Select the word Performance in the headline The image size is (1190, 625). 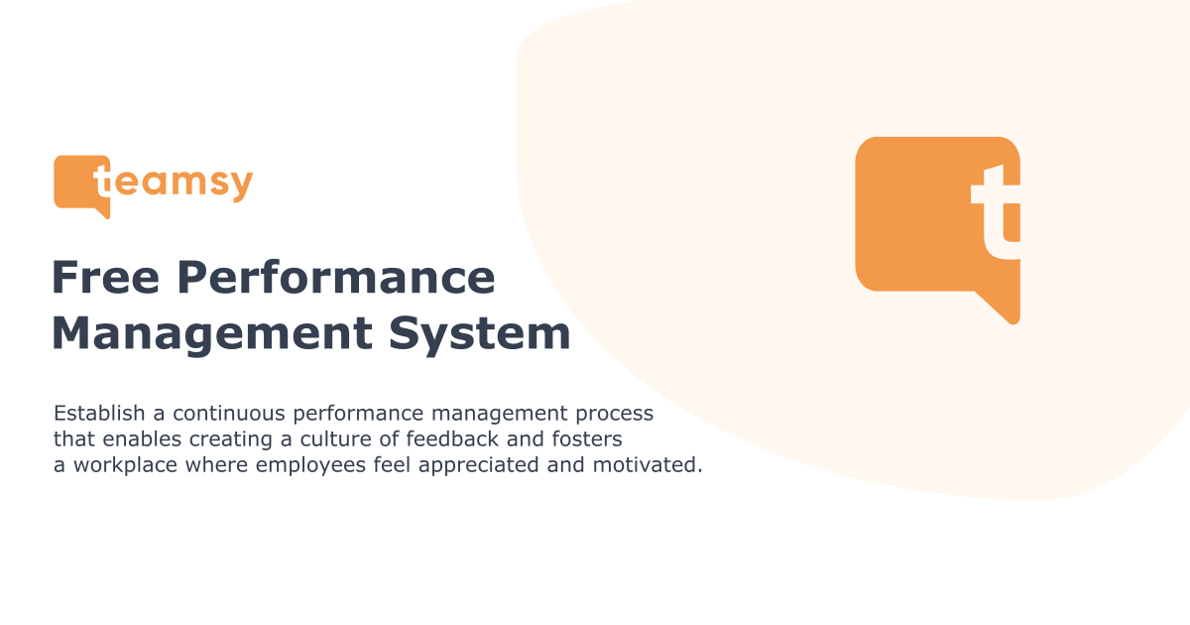[x=336, y=278]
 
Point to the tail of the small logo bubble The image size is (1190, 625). [x=102, y=210]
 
